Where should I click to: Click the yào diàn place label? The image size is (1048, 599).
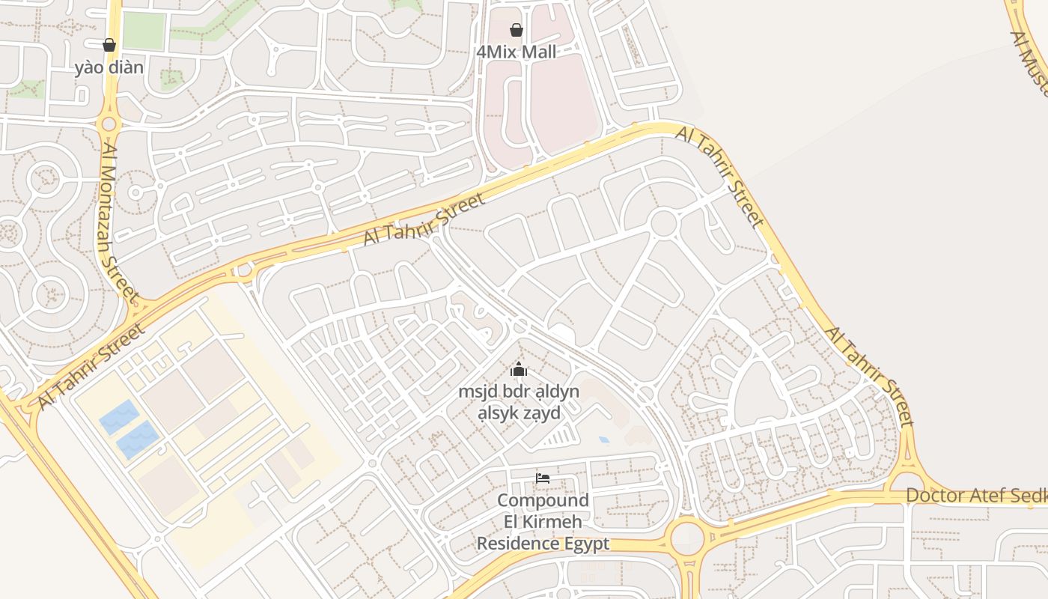(109, 67)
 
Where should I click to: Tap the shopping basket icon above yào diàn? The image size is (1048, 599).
(109, 45)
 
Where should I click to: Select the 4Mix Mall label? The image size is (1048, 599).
(517, 52)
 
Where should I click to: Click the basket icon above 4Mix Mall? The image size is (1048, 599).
(516, 30)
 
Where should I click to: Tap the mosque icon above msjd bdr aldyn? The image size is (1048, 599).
(519, 369)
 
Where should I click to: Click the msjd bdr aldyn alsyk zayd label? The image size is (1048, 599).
(519, 402)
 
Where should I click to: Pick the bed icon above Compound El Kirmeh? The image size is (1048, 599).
(543, 478)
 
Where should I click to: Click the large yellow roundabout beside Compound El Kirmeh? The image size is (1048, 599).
(687, 538)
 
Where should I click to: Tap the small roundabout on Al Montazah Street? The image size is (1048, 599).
(109, 124)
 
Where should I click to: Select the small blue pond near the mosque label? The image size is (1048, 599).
(603, 440)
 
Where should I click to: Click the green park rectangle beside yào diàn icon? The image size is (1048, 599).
(144, 31)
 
